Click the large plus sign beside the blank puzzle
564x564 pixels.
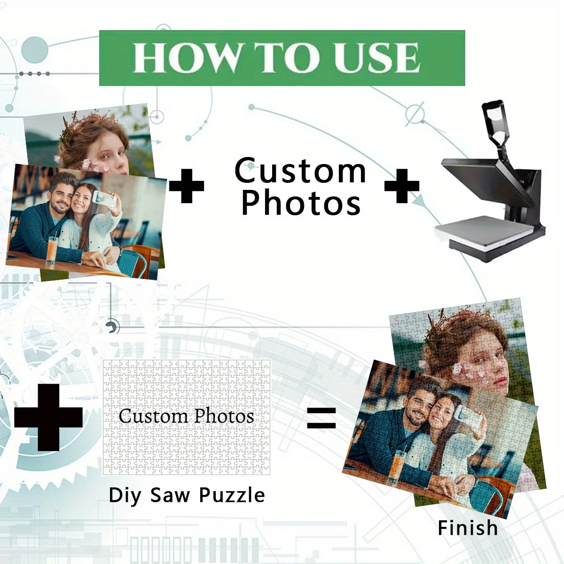[48, 417]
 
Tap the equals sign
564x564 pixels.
[321, 418]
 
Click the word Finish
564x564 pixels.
[468, 528]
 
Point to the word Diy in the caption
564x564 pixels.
[125, 495]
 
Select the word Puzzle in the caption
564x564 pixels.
[232, 495]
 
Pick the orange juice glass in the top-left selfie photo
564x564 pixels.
[52, 250]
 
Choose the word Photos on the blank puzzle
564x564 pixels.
[224, 416]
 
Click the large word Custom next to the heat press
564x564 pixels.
[300, 171]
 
